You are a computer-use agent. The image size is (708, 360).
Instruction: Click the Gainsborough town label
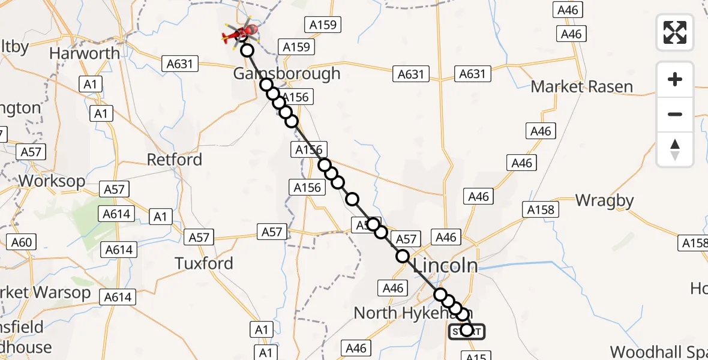(x=286, y=74)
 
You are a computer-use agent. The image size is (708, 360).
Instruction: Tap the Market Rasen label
(x=581, y=86)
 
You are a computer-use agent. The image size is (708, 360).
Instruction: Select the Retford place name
(x=175, y=160)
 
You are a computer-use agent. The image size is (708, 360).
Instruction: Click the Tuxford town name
(x=203, y=263)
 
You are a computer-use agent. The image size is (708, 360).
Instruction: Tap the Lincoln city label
(x=446, y=265)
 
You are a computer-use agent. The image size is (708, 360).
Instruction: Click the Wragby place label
(x=604, y=200)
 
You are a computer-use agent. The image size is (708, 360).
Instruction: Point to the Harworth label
(x=85, y=53)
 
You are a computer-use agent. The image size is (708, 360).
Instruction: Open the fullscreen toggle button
(x=675, y=32)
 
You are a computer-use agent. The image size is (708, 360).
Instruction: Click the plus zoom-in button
(x=675, y=79)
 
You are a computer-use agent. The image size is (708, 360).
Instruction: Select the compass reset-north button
(x=675, y=149)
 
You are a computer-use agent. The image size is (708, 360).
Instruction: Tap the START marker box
(x=466, y=331)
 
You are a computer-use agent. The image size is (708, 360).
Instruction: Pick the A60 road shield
(x=23, y=242)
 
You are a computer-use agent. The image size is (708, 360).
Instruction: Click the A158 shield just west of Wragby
(x=541, y=209)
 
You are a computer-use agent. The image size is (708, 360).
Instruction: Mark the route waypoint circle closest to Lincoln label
(x=402, y=256)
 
